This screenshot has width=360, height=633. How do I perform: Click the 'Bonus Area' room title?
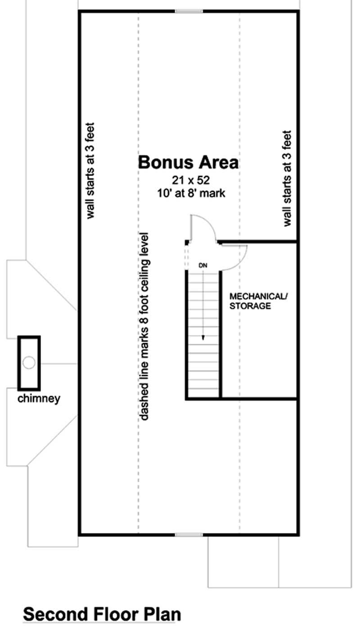(x=188, y=162)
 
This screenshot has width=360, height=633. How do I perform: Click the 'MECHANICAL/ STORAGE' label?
(x=257, y=301)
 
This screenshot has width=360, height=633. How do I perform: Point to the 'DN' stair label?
(x=203, y=265)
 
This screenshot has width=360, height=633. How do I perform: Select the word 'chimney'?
(x=39, y=399)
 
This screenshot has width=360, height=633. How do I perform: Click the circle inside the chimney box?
(x=29, y=363)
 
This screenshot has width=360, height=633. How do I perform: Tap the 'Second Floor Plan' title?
(x=102, y=614)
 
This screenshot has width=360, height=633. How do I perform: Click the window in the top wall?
(x=189, y=11)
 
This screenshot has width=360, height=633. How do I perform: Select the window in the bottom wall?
(x=189, y=534)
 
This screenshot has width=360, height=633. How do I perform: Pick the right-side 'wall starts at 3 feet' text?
(x=288, y=178)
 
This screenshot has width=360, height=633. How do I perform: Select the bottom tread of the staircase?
(x=203, y=393)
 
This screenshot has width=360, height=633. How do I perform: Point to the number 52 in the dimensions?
(x=203, y=180)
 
